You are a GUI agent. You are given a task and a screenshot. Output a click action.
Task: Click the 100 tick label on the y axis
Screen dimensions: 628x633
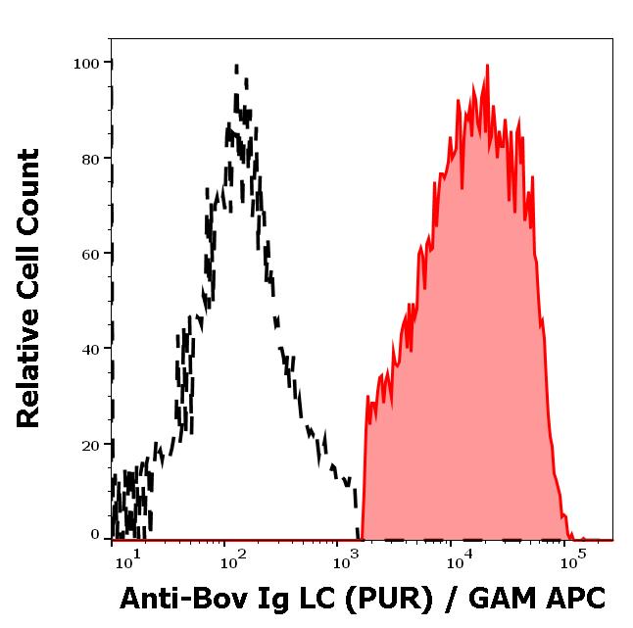pyautogui.click(x=87, y=64)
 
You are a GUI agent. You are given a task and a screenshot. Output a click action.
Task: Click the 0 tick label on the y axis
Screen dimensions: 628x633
pyautogui.click(x=95, y=535)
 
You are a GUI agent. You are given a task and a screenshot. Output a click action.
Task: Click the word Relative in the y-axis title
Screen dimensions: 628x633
pyautogui.click(x=29, y=375)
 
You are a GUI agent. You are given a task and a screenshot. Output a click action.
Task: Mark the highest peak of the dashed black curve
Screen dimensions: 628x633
pyautogui.click(x=236, y=67)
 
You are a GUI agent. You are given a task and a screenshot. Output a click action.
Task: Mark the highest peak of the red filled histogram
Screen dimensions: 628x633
pyautogui.click(x=487, y=66)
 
